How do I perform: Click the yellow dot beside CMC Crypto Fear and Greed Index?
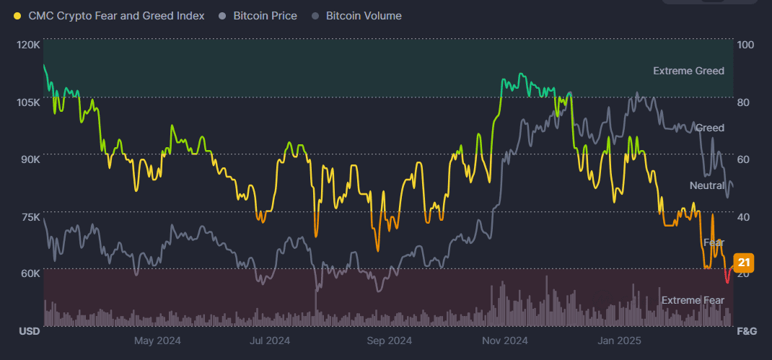tap(17, 16)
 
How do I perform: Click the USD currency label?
tap(28, 331)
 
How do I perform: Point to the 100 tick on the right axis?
tap(745, 45)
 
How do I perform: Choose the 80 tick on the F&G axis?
tap(744, 102)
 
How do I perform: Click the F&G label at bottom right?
tap(746, 331)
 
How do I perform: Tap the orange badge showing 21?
tap(744, 263)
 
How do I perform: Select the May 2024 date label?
tap(157, 341)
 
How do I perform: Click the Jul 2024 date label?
tap(268, 341)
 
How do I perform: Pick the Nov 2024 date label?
tap(505, 341)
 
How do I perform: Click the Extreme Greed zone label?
tap(688, 71)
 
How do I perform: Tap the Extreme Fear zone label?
tap(692, 300)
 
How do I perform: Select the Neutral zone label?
tap(706, 185)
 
